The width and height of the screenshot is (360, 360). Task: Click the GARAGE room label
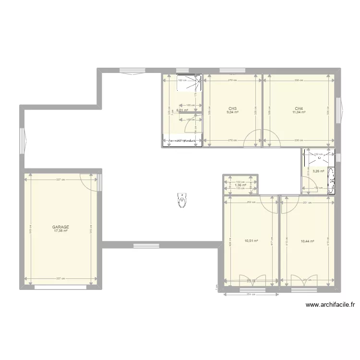(61, 227)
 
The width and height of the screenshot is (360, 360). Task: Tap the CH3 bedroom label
(233, 108)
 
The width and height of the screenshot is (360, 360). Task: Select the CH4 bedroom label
(299, 108)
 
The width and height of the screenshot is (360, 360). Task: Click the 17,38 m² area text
(61, 231)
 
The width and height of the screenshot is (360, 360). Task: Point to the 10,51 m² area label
(251, 241)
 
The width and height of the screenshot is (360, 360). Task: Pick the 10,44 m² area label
(307, 241)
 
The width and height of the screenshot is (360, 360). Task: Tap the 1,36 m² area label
(240, 185)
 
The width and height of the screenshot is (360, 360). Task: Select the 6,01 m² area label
(182, 110)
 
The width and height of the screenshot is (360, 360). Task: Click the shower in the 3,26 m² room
(317, 156)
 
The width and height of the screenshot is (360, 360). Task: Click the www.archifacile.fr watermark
(329, 304)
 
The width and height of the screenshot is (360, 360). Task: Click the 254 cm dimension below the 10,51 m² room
(249, 294)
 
